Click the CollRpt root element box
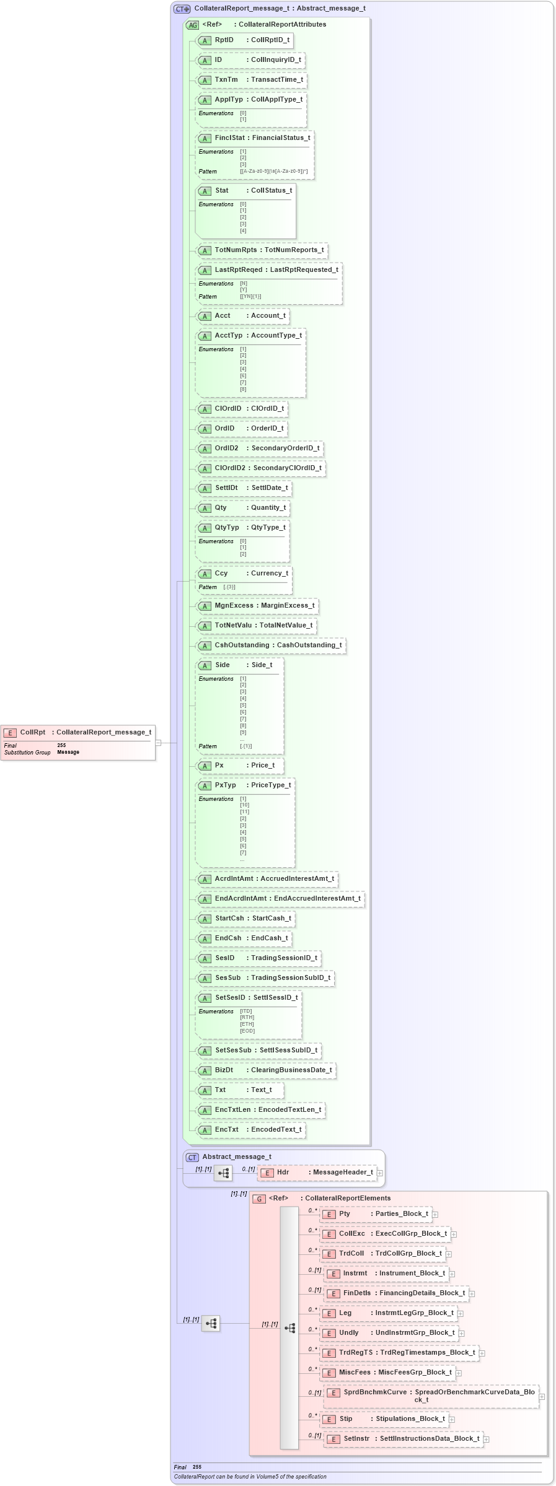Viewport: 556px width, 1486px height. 77,732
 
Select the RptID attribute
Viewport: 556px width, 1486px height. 244,40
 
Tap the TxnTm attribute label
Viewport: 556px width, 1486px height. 226,80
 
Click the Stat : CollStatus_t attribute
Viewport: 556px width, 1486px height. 245,191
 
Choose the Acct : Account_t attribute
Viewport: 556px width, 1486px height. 243,316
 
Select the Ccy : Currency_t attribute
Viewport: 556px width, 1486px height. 244,574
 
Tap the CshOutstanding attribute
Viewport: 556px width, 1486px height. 271,645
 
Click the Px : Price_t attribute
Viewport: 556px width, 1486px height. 240,766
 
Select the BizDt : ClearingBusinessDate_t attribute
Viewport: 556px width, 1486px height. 266,1070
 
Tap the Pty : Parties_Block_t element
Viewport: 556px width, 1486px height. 376,1214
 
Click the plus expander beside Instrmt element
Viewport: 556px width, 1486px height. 452,1274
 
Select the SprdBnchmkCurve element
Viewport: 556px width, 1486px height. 431,1396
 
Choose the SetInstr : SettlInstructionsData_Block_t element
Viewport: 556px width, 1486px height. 404,1439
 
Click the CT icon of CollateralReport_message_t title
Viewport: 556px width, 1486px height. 182,9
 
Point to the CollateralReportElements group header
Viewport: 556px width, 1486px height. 329,1199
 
